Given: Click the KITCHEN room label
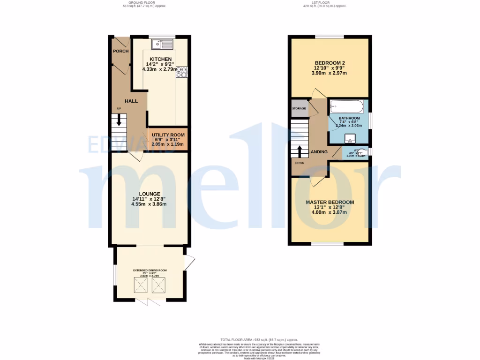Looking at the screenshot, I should coord(157,59).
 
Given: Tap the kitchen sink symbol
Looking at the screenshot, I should coord(162,44).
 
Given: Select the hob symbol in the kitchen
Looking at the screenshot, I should coord(181,71).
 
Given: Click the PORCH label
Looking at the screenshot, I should coord(120,51).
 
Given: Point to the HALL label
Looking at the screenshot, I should coord(131,101).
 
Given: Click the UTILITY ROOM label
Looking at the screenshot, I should coord(169,135).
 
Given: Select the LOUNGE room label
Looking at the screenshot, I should coord(150,194).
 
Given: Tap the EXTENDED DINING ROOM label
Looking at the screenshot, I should coord(150,270).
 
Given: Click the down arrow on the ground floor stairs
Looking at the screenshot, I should coord(120,120).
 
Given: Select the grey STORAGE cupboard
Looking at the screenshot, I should coord(299,108).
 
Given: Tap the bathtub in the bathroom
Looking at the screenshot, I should coord(346,106).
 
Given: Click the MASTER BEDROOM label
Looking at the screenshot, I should coord(330,202).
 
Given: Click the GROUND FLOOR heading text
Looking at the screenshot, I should coord(144,2).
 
